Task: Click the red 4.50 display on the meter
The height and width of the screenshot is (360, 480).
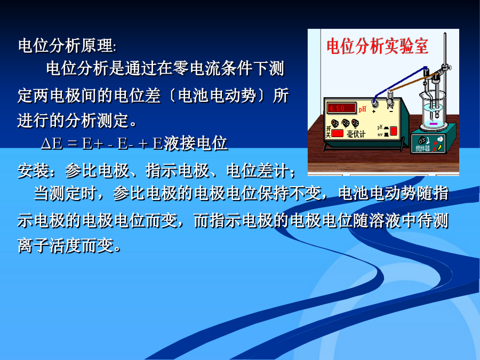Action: pyautogui.click(x=341, y=108)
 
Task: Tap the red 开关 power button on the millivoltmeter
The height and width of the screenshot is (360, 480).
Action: pyautogui.click(x=338, y=133)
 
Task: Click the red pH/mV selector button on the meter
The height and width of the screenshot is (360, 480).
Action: pyautogui.click(x=394, y=131)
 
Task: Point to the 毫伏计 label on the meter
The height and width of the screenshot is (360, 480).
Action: pyautogui.click(x=356, y=134)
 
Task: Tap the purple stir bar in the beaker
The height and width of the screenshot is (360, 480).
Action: pyautogui.click(x=433, y=124)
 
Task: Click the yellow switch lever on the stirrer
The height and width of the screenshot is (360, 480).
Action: pyautogui.click(x=439, y=148)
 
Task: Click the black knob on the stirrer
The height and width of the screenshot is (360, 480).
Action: pyautogui.click(x=421, y=141)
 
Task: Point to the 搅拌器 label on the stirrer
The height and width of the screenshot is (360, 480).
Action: pyautogui.click(x=423, y=149)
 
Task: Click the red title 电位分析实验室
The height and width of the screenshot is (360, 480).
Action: pyautogui.click(x=377, y=46)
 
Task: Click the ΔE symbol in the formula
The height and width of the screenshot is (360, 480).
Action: pyautogui.click(x=51, y=143)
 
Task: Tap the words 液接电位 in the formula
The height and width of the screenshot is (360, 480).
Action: pyautogui.click(x=196, y=143)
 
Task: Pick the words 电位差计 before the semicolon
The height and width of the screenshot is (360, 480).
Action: pyautogui.click(x=258, y=171)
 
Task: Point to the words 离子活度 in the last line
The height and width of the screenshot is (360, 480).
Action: pyautogui.click(x=50, y=245)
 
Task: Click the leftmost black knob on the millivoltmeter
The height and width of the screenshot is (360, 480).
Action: pyautogui.click(x=335, y=123)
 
